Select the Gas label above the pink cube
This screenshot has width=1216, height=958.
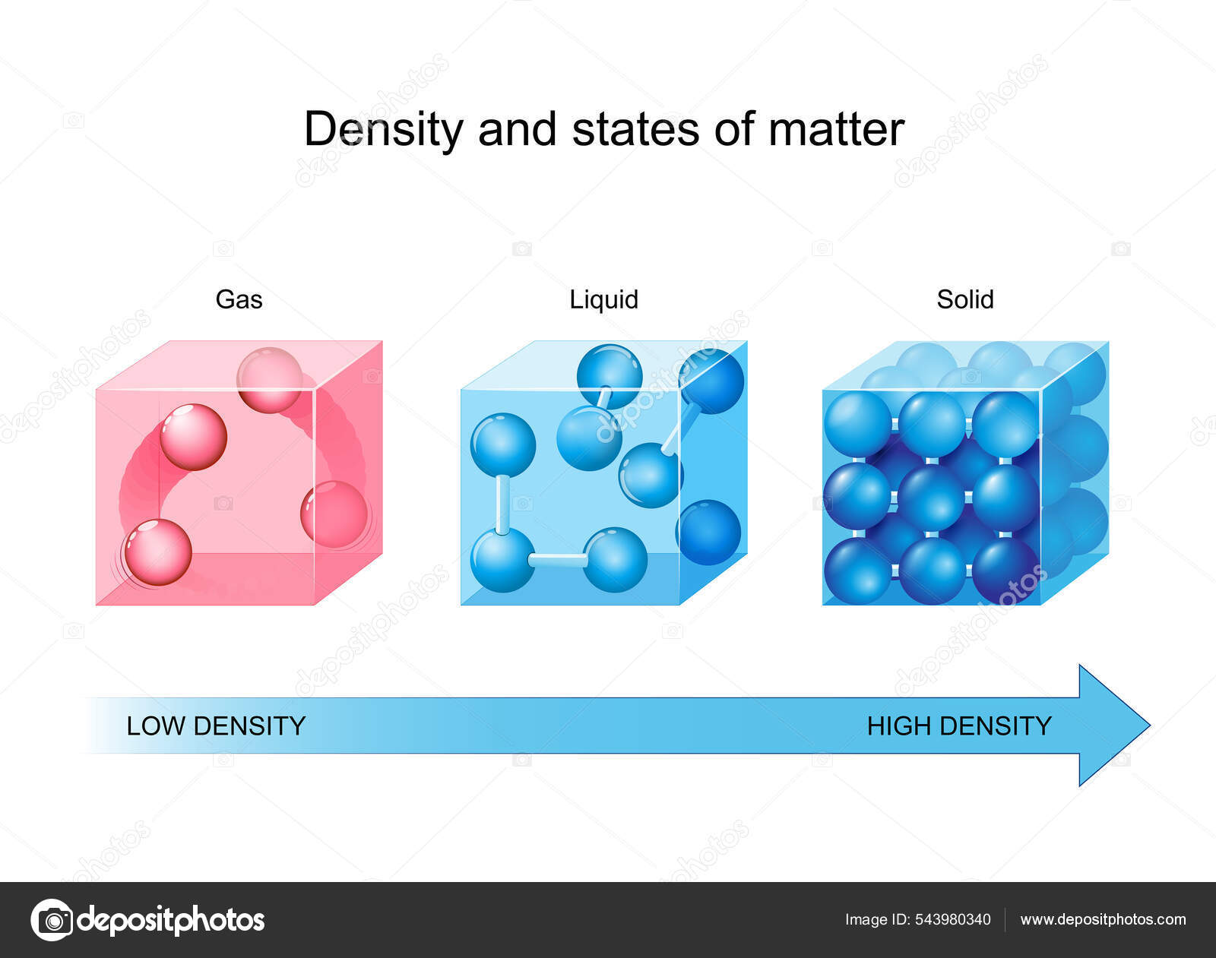[x=239, y=299]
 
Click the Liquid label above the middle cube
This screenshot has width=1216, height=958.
[x=603, y=299]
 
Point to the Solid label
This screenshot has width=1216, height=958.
[x=964, y=299]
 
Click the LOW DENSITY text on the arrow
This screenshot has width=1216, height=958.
[x=216, y=726]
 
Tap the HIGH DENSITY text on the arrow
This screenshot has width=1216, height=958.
[x=959, y=726]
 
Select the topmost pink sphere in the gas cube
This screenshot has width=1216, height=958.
[x=269, y=380]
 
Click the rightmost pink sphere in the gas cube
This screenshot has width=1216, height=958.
[x=334, y=514]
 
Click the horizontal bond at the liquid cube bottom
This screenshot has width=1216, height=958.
[x=558, y=561]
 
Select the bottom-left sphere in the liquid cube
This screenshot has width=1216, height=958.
[x=502, y=560]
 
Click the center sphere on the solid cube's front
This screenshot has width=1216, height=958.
[x=930, y=498]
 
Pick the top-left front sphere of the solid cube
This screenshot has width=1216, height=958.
[x=857, y=424]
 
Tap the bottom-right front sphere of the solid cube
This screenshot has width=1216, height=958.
[x=1005, y=570]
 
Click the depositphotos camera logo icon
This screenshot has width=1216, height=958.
[x=52, y=920]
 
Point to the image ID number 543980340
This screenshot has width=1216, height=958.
[x=952, y=920]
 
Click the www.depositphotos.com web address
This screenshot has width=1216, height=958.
[x=1103, y=920]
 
